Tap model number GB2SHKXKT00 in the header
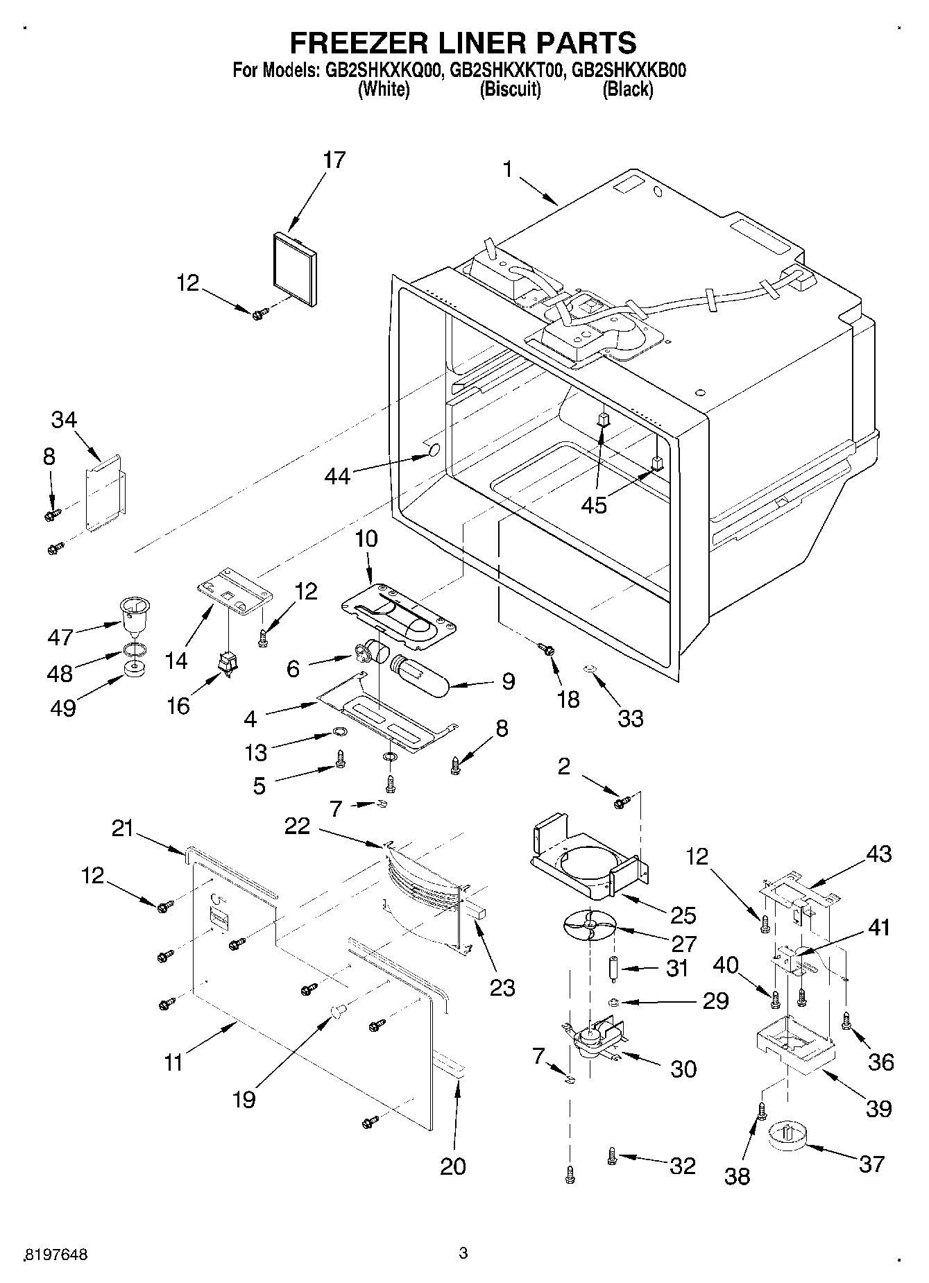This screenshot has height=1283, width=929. (506, 70)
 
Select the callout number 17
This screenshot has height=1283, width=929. (334, 160)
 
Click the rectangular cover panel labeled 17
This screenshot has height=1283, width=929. (293, 268)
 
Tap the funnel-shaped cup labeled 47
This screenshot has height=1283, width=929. (135, 613)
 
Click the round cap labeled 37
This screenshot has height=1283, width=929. (789, 1137)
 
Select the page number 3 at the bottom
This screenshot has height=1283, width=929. (463, 1252)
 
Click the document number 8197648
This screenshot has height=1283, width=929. (56, 1255)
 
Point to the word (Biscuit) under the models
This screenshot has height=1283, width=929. (510, 89)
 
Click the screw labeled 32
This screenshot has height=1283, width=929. (612, 1155)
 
